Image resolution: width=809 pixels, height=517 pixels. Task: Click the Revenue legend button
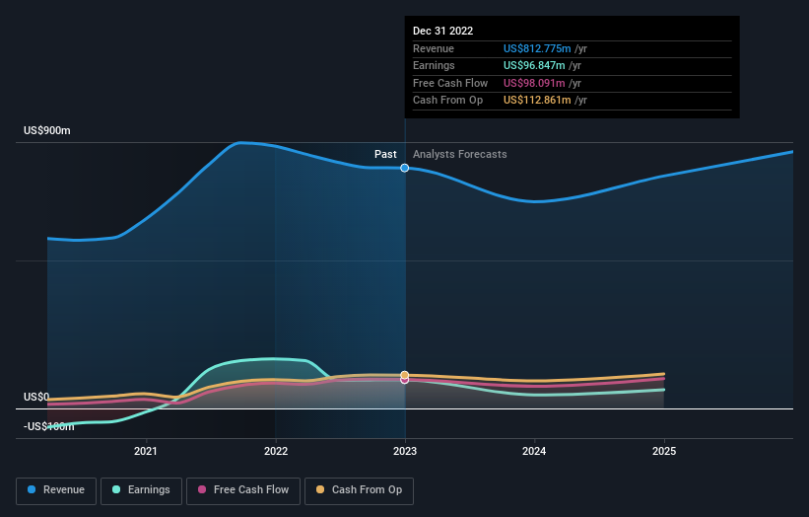click(x=57, y=489)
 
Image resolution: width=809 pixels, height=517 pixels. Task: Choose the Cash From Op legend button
click(x=359, y=489)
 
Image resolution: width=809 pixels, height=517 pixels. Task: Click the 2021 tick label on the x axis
click(x=146, y=452)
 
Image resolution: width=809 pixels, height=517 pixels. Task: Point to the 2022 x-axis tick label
click(x=276, y=452)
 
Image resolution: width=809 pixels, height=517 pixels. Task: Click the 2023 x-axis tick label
click(x=405, y=452)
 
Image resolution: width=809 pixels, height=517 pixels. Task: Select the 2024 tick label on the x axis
click(x=535, y=452)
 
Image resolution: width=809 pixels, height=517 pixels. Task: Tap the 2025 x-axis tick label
click(x=664, y=452)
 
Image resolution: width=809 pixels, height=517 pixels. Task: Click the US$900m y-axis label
click(x=48, y=131)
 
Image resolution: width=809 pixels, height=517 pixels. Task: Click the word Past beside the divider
click(x=385, y=154)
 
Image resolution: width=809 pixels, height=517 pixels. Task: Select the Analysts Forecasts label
click(x=460, y=154)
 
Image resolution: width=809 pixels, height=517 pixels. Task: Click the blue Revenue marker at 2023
click(x=405, y=168)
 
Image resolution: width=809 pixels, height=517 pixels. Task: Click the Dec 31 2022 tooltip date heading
click(x=442, y=31)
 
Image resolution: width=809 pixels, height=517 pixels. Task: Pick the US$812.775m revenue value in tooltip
click(x=545, y=48)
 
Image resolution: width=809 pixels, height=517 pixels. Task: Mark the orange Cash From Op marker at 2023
click(x=405, y=375)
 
